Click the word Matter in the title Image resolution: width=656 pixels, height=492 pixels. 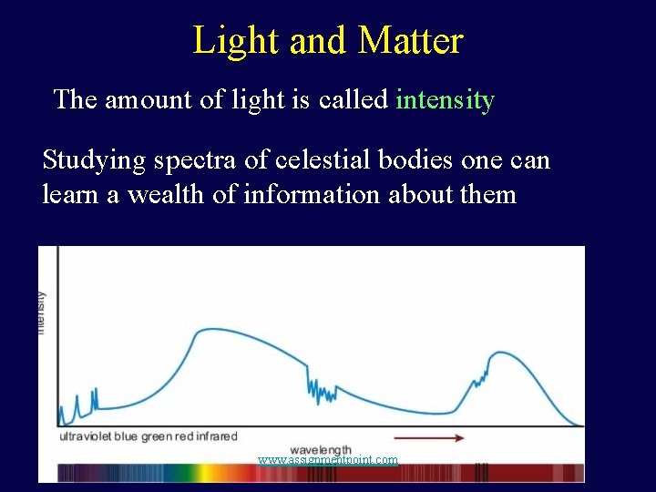(410, 41)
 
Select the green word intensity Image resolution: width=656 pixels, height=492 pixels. (445, 99)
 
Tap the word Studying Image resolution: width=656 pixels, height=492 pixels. (94, 161)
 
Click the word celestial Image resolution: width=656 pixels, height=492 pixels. (321, 160)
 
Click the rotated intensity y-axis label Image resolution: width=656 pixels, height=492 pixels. (42, 312)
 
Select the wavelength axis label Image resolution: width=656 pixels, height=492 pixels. (321, 450)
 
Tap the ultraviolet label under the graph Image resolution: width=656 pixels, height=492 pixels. (87, 437)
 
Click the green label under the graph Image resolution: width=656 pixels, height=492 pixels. (156, 437)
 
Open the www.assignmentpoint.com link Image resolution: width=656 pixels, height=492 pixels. (328, 460)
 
